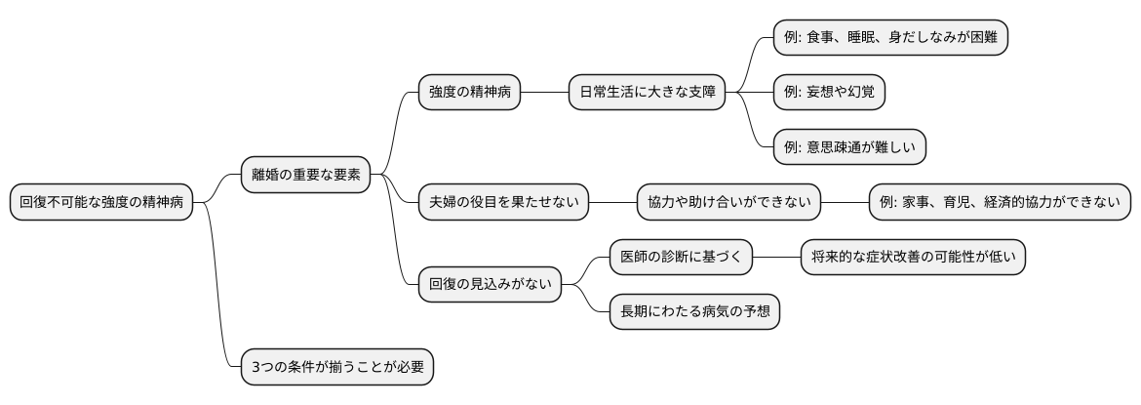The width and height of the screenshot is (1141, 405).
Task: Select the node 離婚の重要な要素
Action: point(305,175)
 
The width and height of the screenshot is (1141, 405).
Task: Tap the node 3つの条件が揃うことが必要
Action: point(336,367)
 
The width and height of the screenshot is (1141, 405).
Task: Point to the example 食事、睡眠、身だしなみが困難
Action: point(889,37)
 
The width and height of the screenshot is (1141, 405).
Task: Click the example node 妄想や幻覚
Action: point(829,93)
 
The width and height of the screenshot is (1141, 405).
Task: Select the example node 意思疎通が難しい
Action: point(848,147)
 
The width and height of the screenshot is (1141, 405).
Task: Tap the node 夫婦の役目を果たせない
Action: point(503,202)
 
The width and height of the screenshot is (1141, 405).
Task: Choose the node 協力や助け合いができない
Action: point(728,202)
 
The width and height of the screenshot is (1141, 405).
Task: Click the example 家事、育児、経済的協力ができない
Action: point(1000,202)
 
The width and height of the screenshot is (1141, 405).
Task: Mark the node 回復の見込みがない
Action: point(490,285)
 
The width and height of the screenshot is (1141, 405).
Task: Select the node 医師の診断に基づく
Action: point(681,257)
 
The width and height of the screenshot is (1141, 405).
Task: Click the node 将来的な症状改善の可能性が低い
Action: point(912,257)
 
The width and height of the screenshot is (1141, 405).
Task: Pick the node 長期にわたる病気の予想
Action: point(693,312)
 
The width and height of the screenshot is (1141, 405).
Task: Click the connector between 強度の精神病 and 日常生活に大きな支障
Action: point(543,93)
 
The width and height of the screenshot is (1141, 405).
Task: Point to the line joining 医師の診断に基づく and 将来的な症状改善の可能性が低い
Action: point(776,257)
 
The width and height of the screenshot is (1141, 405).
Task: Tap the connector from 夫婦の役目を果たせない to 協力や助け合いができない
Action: point(612,202)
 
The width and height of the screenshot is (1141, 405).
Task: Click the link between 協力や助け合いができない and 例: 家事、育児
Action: point(845,202)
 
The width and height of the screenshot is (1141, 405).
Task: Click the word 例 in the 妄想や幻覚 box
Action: point(790,93)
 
